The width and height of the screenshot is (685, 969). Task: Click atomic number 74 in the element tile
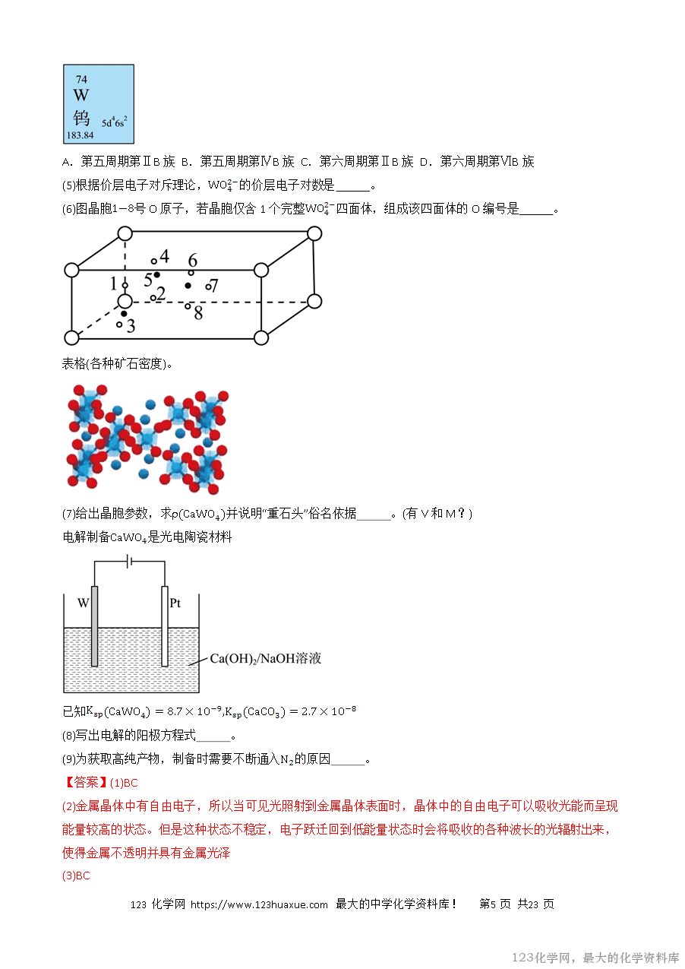(x=82, y=79)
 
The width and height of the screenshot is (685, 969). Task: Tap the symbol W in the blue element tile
(x=81, y=96)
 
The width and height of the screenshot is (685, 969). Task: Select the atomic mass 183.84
(x=80, y=135)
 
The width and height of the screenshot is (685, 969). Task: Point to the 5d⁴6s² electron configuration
(x=115, y=121)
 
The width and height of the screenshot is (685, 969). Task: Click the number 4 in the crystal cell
(x=164, y=256)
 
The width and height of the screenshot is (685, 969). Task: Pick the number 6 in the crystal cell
(x=193, y=261)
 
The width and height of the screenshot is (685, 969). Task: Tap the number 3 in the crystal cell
(x=131, y=326)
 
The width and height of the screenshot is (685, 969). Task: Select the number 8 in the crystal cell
(x=198, y=312)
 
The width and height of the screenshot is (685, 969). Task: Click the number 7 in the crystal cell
(x=214, y=286)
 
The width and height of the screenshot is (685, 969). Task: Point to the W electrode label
(x=84, y=603)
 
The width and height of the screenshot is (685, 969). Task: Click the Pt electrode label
(x=175, y=603)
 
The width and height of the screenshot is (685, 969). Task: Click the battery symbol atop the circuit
(x=130, y=561)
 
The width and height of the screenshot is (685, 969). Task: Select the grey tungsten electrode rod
(x=94, y=626)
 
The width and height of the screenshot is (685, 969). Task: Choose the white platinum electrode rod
(x=164, y=626)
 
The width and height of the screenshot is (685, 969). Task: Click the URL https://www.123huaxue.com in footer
(x=259, y=904)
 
